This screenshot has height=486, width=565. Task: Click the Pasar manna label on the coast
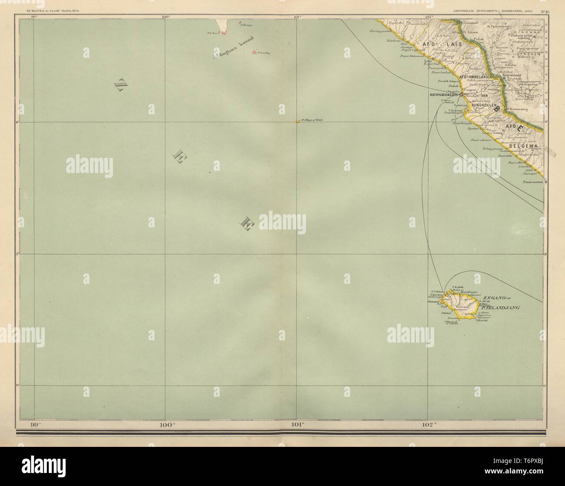[533, 182]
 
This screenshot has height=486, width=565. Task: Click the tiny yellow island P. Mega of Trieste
[298, 121]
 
